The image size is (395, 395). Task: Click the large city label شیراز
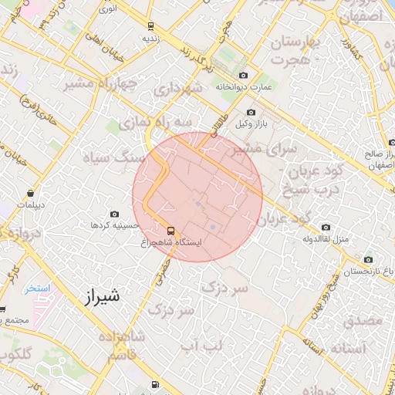(100, 295)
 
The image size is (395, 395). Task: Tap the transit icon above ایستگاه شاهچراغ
(170, 230)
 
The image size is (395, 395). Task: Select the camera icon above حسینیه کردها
(115, 214)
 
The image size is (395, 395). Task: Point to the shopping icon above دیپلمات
(29, 193)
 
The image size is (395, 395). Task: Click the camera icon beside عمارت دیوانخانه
(244, 75)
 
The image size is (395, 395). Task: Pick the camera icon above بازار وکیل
(251, 113)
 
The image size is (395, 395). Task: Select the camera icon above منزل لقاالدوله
(325, 227)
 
